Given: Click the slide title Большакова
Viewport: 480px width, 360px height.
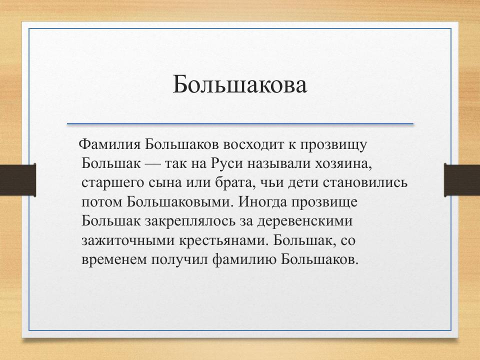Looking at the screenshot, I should tap(239, 84).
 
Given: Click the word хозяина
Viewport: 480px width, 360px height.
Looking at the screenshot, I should tap(343, 163).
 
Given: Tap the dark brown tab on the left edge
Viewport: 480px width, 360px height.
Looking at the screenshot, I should tap(17, 180).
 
